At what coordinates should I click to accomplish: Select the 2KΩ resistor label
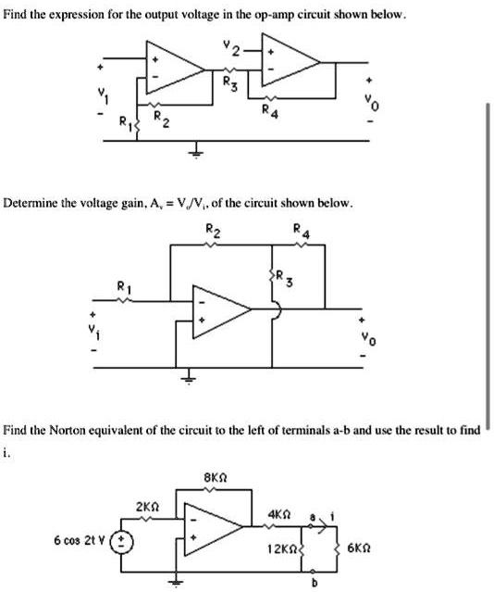pyautogui.click(x=149, y=508)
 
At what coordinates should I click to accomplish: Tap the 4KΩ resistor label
pyautogui.click(x=281, y=513)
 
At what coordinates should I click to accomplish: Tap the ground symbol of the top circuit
pyautogui.click(x=196, y=155)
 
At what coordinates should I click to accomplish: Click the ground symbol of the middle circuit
pyautogui.click(x=190, y=377)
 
